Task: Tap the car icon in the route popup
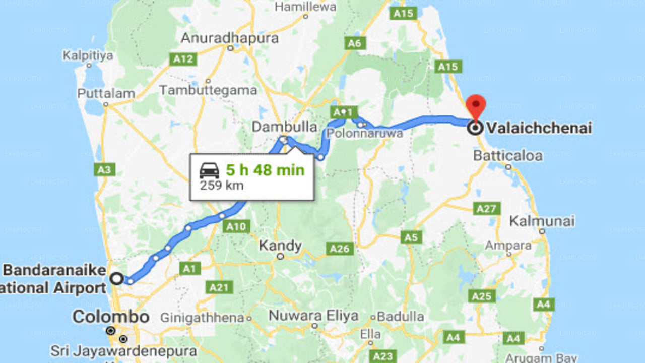(x=210, y=170)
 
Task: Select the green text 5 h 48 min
(x=265, y=170)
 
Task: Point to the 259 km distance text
(x=222, y=185)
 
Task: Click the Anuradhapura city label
(x=230, y=38)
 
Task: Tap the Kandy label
(x=280, y=246)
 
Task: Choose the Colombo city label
(x=111, y=317)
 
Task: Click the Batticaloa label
(x=508, y=155)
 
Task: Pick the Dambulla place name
(x=285, y=127)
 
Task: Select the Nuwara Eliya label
(x=313, y=316)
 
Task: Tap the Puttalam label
(x=106, y=94)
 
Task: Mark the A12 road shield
(x=182, y=59)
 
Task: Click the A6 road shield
(x=355, y=43)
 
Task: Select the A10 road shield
(x=235, y=226)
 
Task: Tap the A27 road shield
(x=487, y=208)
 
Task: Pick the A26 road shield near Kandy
(x=340, y=248)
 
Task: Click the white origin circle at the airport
(x=117, y=278)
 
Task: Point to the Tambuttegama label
(x=208, y=90)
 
